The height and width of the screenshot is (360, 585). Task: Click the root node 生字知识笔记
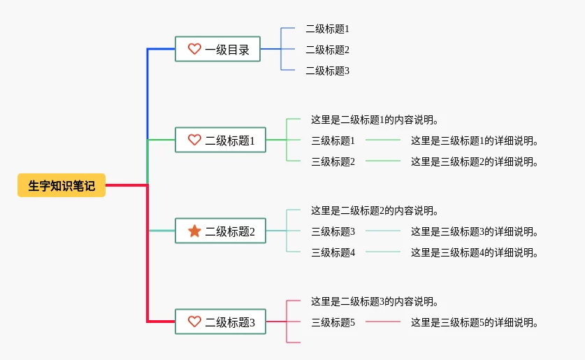tap(62, 186)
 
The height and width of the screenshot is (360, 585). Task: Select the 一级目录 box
tap(217, 49)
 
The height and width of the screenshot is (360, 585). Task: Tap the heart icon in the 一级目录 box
tap(194, 49)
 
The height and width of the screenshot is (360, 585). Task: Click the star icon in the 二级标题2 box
tap(194, 231)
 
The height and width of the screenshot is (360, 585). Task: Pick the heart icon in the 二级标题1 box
tap(194, 140)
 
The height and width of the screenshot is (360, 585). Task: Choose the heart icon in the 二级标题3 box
tap(194, 322)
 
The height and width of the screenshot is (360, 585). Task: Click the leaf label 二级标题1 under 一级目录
tap(327, 29)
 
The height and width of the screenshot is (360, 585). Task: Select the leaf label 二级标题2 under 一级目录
tap(327, 50)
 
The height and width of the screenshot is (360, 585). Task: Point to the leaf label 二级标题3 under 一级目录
tap(327, 71)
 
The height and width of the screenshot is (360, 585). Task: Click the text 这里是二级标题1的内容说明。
tap(375, 120)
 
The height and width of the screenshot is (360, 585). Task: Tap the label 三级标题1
tap(333, 141)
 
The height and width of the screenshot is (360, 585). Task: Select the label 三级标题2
tap(333, 161)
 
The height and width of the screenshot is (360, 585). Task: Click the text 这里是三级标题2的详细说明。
tap(475, 161)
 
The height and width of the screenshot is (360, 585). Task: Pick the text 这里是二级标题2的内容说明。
tap(375, 210)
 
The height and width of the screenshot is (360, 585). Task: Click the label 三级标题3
tap(333, 231)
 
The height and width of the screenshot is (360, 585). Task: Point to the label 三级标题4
tap(333, 252)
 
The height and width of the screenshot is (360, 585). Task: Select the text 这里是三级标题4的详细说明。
tap(475, 252)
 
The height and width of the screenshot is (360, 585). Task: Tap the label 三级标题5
tap(333, 322)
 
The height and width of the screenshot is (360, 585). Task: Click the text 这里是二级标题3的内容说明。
tap(375, 301)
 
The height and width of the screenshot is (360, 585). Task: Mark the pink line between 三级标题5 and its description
tap(383, 322)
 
